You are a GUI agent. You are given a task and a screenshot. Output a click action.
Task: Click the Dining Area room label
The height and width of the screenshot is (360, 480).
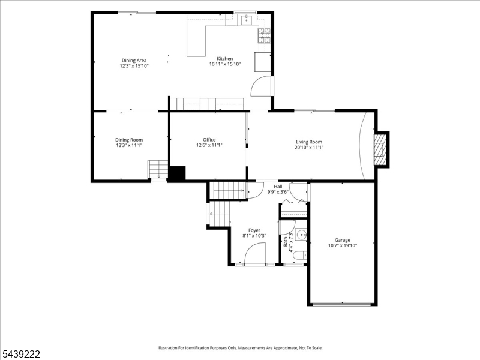coord(134,61)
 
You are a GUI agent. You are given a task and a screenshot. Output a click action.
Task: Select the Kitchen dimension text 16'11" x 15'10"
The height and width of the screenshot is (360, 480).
coord(225,64)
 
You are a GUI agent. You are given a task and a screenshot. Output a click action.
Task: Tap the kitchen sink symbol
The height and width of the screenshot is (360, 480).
coord(246,20)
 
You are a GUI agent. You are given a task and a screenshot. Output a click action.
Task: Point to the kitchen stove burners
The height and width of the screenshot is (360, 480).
coord(265,35)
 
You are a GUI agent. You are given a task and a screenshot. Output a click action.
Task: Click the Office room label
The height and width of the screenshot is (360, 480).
coord(209,140)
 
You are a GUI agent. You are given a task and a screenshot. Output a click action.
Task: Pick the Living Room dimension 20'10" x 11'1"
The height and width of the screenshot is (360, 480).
coord(309,147)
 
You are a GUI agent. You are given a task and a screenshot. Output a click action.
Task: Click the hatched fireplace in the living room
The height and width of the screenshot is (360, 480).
coord(380,149)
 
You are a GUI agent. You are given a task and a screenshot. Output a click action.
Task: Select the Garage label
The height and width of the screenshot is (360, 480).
coord(342,240)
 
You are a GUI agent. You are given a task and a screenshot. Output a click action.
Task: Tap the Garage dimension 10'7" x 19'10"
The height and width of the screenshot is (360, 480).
coord(343,245)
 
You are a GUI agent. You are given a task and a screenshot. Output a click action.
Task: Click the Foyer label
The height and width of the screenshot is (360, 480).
coord(254,230)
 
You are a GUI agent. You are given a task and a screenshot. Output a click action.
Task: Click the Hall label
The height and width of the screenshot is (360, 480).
coord(278,187)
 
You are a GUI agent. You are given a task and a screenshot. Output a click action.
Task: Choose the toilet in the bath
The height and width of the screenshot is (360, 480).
coord(299,255)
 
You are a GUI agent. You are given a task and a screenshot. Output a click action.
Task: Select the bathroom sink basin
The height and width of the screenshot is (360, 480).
coord(302,235)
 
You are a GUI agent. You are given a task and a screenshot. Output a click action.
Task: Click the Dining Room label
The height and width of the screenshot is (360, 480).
coord(129,140)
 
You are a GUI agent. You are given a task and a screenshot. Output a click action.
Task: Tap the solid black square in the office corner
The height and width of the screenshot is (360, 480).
coord(178,173)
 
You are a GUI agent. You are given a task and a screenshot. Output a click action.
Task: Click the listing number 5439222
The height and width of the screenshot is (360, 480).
coord(20,354)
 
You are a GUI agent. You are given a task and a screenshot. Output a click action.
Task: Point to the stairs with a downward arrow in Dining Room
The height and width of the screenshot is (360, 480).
coord(158,169)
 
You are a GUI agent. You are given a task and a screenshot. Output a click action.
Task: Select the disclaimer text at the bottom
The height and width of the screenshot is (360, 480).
coord(240,348)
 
